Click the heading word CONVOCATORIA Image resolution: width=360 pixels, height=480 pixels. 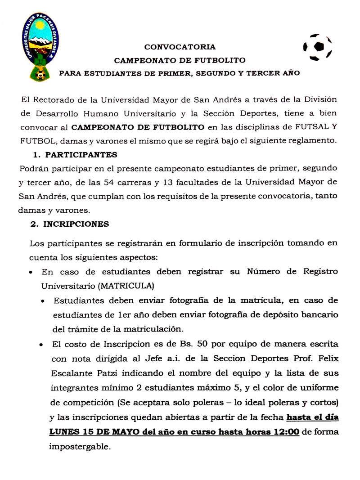[180, 47]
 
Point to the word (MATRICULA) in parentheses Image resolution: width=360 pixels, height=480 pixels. [126, 285]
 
